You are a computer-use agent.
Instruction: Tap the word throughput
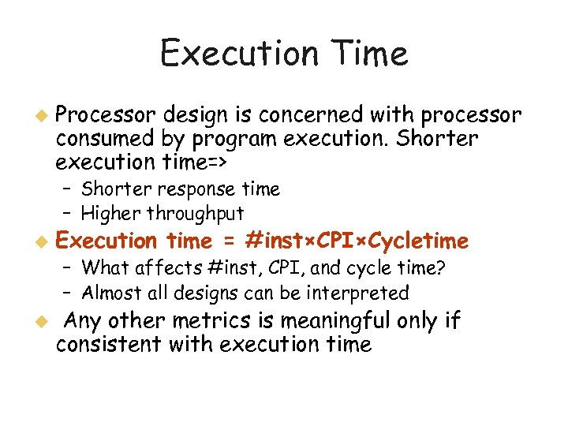[x=202, y=213]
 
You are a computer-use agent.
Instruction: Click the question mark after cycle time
[x=441, y=267]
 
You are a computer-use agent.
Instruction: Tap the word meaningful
[x=339, y=321]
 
